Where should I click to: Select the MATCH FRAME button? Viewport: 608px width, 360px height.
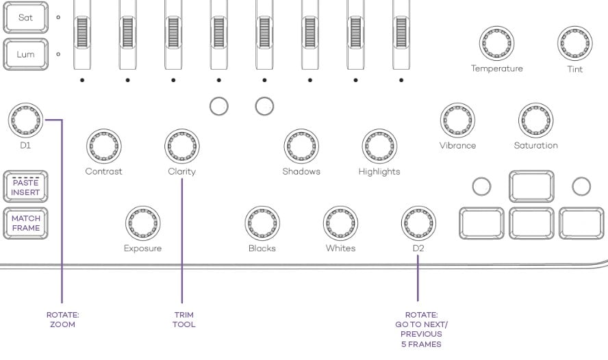25,223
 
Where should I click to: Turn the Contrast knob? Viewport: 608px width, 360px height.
103,145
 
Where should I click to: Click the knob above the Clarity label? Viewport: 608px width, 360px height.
181,145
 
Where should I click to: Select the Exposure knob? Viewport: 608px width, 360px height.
142,222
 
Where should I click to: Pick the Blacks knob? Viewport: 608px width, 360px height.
262,222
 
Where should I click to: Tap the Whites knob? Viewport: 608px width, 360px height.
340,222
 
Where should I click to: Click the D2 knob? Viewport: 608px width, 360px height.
418,222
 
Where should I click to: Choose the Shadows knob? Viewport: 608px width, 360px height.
301,145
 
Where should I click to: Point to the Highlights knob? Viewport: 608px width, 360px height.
379,145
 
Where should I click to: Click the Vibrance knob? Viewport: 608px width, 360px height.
457,120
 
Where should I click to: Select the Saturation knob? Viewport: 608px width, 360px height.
535,120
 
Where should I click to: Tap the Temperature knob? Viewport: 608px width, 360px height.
496,42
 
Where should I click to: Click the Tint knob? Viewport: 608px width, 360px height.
574,42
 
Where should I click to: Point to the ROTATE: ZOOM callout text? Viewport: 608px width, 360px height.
62,320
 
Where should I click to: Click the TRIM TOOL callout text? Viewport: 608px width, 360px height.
183,320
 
